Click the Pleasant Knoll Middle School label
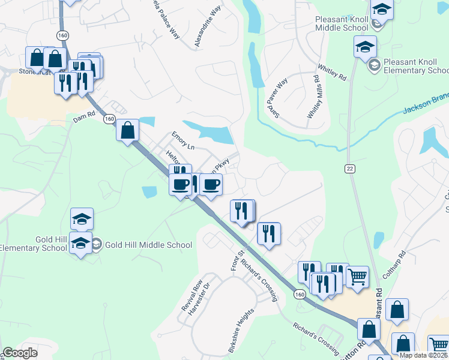[x=342, y=23]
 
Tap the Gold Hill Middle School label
[x=148, y=245]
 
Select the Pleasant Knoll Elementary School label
[x=415, y=67]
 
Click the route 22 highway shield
[x=349, y=169]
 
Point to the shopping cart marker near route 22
[x=357, y=277]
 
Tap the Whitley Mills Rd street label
[x=313, y=96]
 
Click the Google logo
[x=20, y=353]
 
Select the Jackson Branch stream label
[x=425, y=106]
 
